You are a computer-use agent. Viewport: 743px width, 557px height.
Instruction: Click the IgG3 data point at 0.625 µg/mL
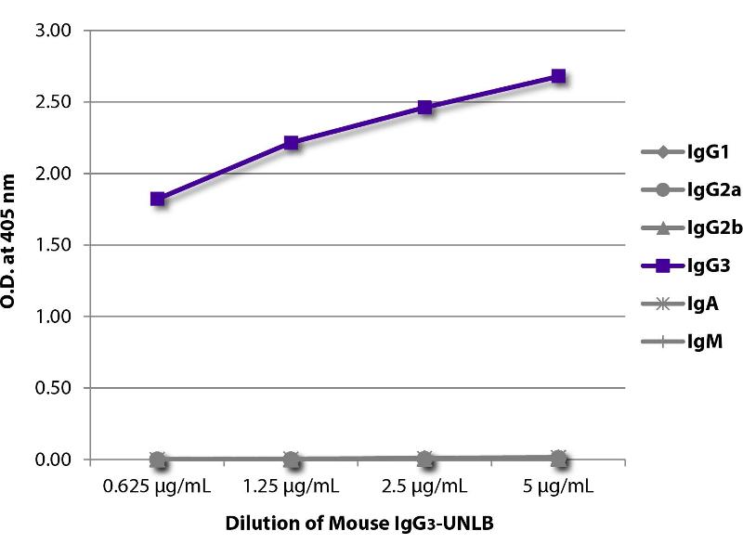pyautogui.click(x=158, y=199)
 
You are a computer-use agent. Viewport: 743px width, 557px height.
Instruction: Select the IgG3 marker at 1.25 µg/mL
pyautogui.click(x=292, y=143)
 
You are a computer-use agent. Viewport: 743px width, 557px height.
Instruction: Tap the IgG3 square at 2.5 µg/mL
pyautogui.click(x=425, y=108)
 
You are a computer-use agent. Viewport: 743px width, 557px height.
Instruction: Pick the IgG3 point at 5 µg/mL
pyautogui.click(x=558, y=76)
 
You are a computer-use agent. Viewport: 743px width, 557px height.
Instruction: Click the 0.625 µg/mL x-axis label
pyautogui.click(x=158, y=486)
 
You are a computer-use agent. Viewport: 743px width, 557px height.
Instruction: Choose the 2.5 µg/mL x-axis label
pyautogui.click(x=425, y=486)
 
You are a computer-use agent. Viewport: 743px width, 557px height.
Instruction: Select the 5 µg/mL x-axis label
pyautogui.click(x=558, y=486)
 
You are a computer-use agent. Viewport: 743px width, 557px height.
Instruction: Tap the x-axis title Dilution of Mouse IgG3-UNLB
pyautogui.click(x=358, y=524)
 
